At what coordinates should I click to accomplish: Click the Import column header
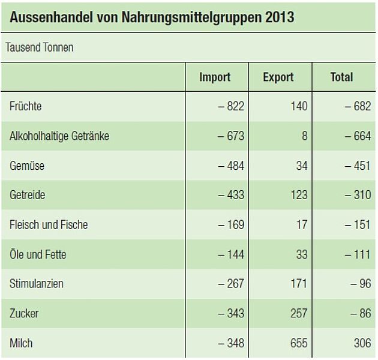[x=215, y=77]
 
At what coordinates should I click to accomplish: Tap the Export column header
[x=278, y=77]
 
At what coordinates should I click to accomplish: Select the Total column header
[x=342, y=77]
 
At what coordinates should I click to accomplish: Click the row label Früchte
[x=26, y=106]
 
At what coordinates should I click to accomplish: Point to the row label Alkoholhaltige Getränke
[x=59, y=136]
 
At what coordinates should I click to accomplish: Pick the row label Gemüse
[x=27, y=166]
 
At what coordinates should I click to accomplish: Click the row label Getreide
[x=28, y=195]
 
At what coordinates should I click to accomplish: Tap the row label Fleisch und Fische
[x=49, y=225]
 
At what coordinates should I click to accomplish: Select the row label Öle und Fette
[x=38, y=254]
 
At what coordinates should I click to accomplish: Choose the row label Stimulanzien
[x=37, y=284]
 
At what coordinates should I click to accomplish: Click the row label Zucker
[x=24, y=313]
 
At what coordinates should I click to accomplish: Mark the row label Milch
[x=21, y=343]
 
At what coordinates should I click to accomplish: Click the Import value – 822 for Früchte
[x=231, y=106]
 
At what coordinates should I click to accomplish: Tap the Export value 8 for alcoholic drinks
[x=304, y=136]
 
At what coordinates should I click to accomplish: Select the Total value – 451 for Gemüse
[x=358, y=166]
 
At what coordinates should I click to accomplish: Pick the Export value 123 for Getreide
[x=298, y=195]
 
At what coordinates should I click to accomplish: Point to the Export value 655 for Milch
[x=298, y=343]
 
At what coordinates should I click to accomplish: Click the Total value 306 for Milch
[x=362, y=343]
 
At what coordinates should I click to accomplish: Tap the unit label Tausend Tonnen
[x=40, y=47]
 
